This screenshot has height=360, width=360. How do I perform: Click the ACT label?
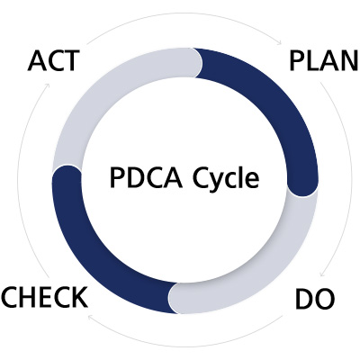(x=54, y=61)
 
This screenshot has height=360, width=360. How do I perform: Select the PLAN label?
(x=324, y=61)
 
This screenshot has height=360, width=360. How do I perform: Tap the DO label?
(x=315, y=299)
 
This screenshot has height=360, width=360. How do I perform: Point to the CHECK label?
(x=45, y=297)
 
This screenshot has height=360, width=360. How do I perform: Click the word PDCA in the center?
(x=146, y=177)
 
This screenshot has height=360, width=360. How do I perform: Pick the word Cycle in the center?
(x=226, y=179)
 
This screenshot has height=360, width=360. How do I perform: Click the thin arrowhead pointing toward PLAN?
(x=279, y=41)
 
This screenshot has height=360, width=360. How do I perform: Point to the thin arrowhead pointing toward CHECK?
(x=91, y=317)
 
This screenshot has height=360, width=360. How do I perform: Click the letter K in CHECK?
(x=79, y=297)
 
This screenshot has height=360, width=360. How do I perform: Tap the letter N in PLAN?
(x=349, y=61)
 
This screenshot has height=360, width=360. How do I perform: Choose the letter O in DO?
(x=324, y=299)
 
